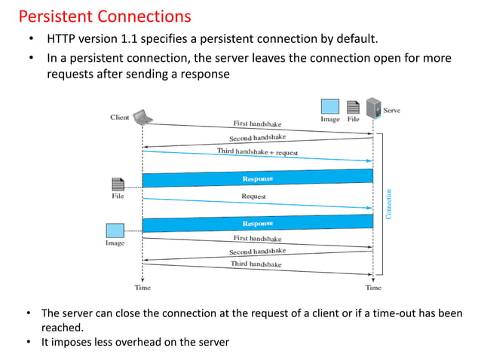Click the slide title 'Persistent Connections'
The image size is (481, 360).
click(x=104, y=16)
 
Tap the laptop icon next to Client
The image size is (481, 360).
click(x=142, y=117)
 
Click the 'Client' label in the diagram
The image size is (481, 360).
click(x=119, y=117)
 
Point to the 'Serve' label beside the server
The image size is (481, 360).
click(x=392, y=111)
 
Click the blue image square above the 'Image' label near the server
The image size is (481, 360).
click(x=330, y=106)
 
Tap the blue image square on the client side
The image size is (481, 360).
click(x=115, y=230)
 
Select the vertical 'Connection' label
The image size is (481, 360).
click(x=389, y=203)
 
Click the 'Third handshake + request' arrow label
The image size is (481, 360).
click(x=258, y=152)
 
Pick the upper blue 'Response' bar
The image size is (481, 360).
click(x=258, y=178)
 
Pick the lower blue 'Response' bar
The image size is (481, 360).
click(x=258, y=224)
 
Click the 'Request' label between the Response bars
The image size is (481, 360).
click(x=253, y=197)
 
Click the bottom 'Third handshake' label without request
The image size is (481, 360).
click(x=256, y=264)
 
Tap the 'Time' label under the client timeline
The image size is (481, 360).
click(x=142, y=288)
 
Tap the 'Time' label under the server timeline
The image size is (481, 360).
click(x=373, y=288)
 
